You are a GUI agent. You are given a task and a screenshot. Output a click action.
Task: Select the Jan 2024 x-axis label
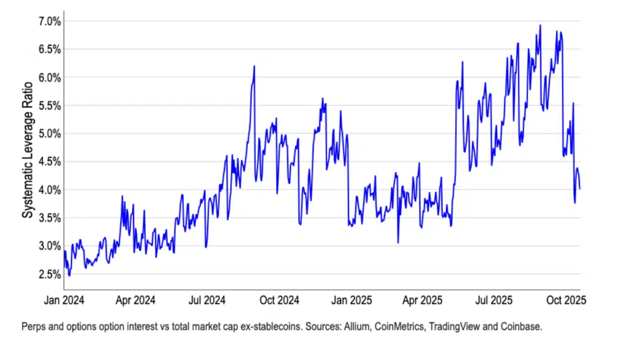64,301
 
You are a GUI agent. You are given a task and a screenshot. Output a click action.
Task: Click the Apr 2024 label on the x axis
135,301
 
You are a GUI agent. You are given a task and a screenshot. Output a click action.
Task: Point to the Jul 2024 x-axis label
206,301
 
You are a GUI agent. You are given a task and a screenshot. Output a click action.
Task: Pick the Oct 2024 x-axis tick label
279,301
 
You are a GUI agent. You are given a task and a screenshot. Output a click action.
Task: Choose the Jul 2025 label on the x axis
493,301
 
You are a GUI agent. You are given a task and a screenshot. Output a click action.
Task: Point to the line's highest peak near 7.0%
540,26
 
